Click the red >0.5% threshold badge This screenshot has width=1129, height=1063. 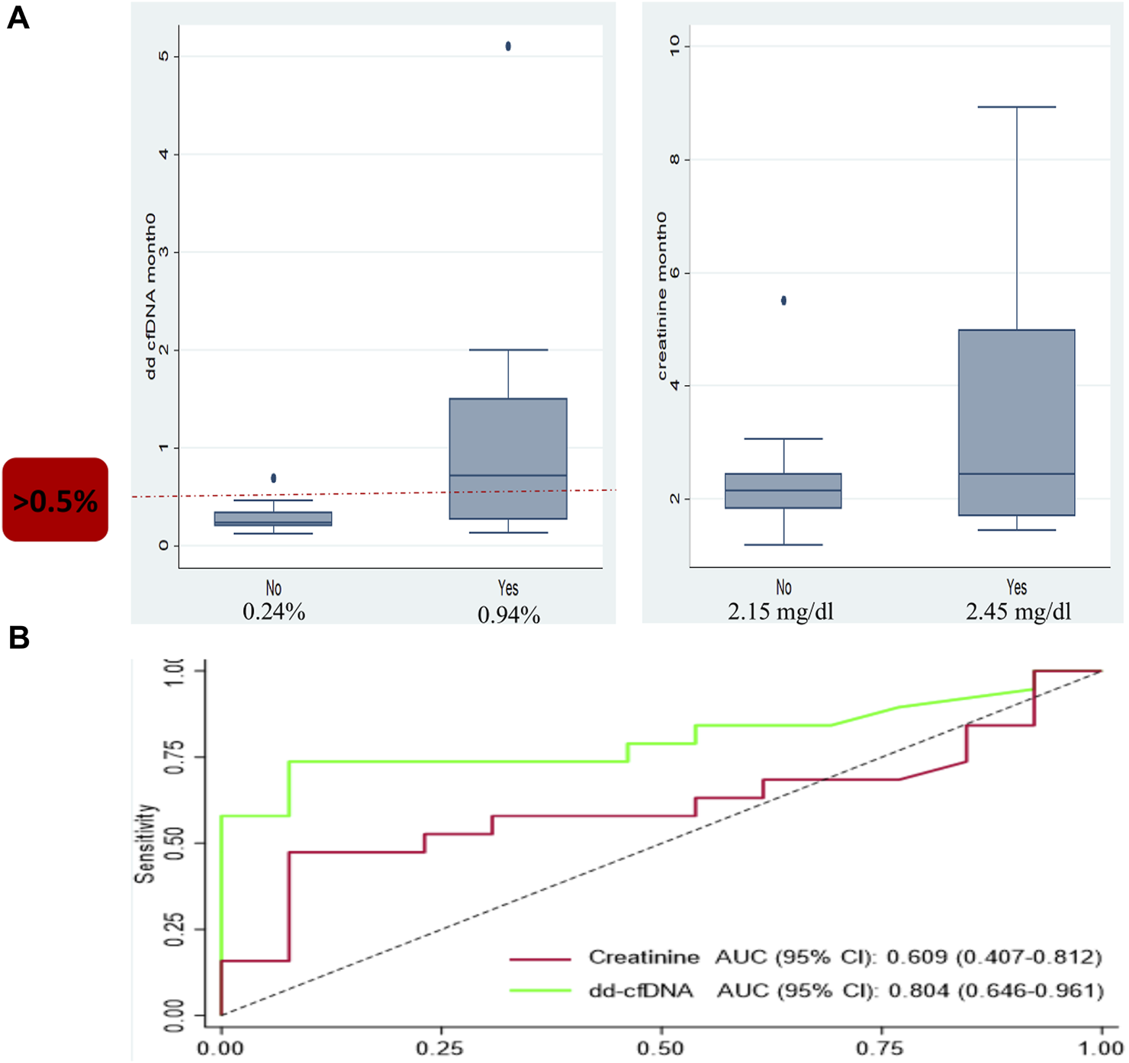coord(55,499)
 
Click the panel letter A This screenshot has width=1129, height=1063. coord(18,17)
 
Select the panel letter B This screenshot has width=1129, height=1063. coord(18,637)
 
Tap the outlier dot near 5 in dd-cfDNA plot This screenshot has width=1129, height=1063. coord(508,46)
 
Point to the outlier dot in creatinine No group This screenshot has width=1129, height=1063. coord(783,300)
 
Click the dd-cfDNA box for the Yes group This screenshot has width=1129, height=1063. coord(508,458)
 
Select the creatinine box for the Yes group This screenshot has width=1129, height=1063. coord(1016,422)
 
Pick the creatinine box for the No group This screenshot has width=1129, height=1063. coord(783,491)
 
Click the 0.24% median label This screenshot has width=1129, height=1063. coord(274,612)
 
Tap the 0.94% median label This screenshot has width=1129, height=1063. coord(509,615)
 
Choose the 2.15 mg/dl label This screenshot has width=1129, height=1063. coord(780,612)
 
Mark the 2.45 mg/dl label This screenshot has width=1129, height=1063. coord(1018,612)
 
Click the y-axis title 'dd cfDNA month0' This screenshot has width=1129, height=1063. coord(151,296)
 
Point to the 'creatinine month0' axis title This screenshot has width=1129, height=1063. coord(661,296)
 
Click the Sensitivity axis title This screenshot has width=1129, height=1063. coord(145,843)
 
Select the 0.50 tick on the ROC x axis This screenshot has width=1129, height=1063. coord(661,1049)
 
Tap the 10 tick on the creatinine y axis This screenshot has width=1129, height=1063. coord(674,46)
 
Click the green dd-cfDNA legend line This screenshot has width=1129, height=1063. coord(540,991)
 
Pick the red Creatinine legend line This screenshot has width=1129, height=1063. coord(540,958)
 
